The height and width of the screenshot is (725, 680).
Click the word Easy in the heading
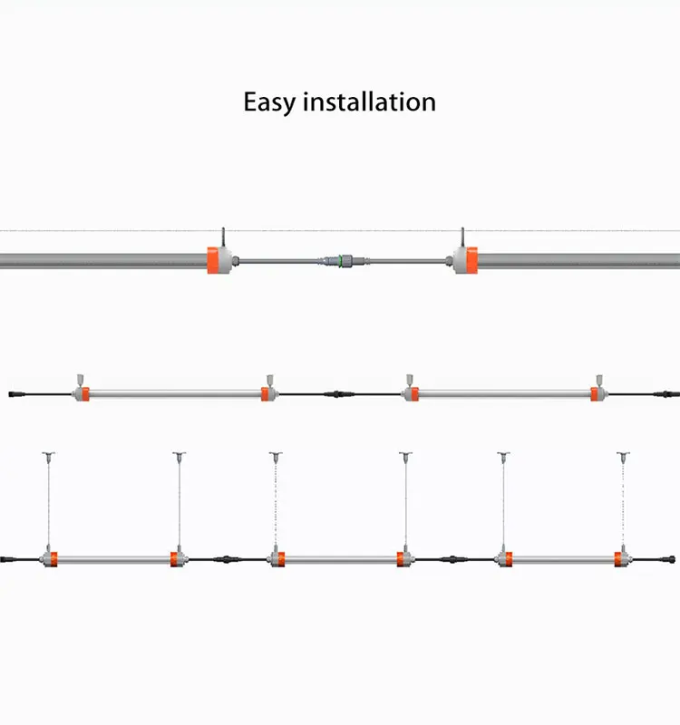point(269,101)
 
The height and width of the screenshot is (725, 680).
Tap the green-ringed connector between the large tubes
point(340,261)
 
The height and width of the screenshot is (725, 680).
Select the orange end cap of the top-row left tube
point(218,260)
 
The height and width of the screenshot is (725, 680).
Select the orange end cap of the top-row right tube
point(463,260)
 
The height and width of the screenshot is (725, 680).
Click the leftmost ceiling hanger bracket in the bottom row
point(44,453)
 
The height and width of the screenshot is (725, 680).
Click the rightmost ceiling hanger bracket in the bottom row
point(622,453)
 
